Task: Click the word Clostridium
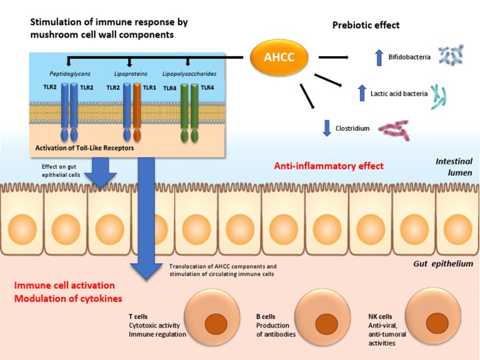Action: pos(353,129)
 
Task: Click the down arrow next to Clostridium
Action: pos(325,128)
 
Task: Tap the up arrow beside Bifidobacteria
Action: pos(377,57)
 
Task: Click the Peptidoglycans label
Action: pos(69,73)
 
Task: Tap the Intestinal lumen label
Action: pos(453,167)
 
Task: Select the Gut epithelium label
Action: pos(442,264)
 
